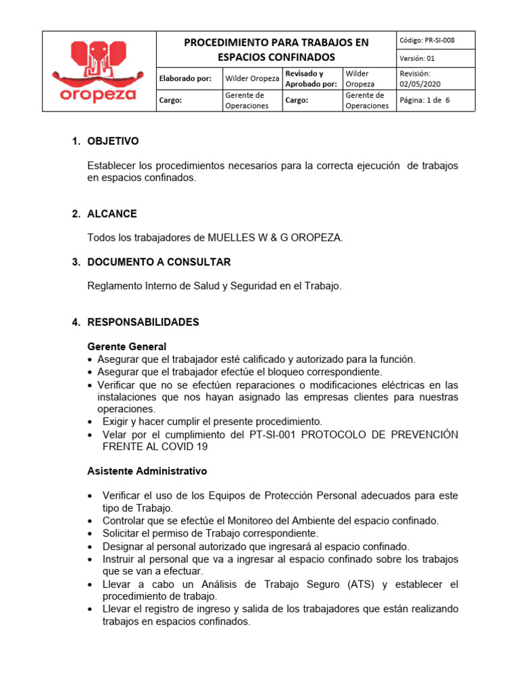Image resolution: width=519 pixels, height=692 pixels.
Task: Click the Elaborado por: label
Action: (x=185, y=78)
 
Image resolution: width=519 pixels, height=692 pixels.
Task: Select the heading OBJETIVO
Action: (x=113, y=141)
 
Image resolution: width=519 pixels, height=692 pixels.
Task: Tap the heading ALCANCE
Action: (x=112, y=214)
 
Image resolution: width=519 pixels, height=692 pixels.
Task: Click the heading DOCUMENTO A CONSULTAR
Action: (x=159, y=262)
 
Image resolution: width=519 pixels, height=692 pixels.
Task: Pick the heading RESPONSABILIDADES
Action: (x=143, y=322)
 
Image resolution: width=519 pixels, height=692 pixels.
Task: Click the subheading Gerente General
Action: (x=127, y=347)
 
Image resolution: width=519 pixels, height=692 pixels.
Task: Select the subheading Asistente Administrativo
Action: (x=147, y=470)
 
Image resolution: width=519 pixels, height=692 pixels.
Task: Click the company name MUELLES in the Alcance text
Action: (x=232, y=238)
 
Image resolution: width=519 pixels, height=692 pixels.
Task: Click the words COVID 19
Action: (x=186, y=447)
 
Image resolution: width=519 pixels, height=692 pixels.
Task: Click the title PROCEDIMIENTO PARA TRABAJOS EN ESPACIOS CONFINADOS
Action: (x=276, y=49)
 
